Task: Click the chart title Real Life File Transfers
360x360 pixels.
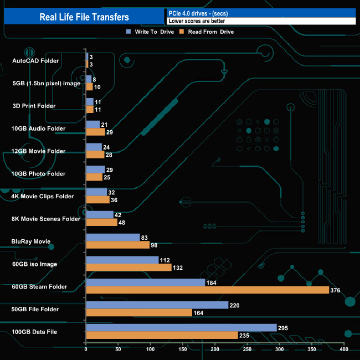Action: pos(84,17)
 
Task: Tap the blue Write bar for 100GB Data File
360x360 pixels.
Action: pos(181,328)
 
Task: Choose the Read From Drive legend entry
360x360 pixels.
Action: pos(205,32)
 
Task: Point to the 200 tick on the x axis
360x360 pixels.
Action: pos(215,349)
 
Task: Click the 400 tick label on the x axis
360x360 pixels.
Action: pos(344,349)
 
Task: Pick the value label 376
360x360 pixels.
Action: pos(335,290)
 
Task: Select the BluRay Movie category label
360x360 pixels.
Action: pos(31,241)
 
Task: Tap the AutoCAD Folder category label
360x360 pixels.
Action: pos(35,60)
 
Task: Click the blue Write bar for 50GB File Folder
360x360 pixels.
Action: pos(157,305)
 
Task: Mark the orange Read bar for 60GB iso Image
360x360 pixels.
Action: pos(128,268)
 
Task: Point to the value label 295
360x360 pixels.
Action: pos(284,328)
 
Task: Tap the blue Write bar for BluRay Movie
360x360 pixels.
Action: pos(112,237)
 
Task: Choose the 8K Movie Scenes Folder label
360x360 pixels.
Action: pos(46,219)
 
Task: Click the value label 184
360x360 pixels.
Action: pos(211,282)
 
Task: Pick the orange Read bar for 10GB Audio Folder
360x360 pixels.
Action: pos(95,132)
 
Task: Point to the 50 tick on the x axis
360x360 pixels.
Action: pos(118,349)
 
